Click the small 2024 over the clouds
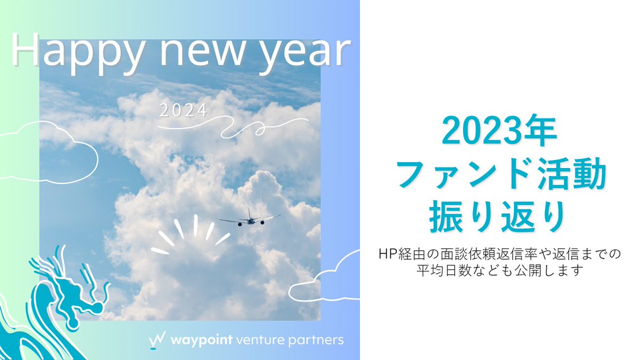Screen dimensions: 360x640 pyautogui.click(x=183, y=111)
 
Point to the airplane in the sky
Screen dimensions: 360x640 pyautogui.click(x=249, y=218)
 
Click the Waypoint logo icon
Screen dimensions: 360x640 pyautogui.click(x=157, y=340)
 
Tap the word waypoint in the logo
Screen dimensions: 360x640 pyautogui.click(x=201, y=340)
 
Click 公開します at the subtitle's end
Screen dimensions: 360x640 pyautogui.click(x=555, y=270)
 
